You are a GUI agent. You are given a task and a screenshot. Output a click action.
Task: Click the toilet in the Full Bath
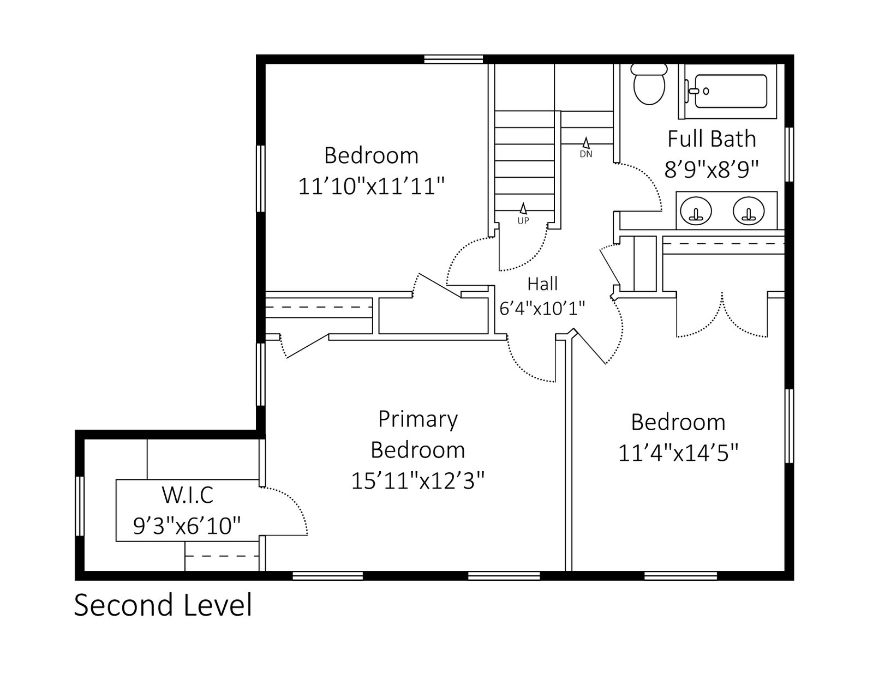tap(648, 85)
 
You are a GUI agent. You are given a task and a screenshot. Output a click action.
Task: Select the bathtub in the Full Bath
tap(731, 91)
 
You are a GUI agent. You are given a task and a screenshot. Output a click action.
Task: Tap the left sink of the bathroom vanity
tap(696, 210)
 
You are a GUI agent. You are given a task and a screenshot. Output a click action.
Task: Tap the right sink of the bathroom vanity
tap(749, 210)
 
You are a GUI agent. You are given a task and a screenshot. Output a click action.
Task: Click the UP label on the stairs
tap(523, 220)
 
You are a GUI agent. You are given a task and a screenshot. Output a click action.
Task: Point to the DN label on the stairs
tap(586, 154)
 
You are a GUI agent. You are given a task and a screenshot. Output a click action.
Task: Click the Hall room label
tap(542, 284)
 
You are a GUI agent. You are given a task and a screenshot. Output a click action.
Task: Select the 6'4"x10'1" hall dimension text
tap(542, 308)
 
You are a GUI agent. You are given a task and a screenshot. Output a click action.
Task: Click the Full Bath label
tap(711, 139)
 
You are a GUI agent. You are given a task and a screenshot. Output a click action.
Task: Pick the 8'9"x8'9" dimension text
tap(711, 170)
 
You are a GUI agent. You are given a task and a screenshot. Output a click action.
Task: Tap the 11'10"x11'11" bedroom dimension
tap(371, 186)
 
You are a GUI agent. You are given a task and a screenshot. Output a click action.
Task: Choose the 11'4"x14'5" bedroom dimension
tap(678, 453)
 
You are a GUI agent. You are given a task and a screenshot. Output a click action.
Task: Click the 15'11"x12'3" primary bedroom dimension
tap(418, 480)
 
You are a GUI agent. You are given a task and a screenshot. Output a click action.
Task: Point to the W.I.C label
tap(187, 495)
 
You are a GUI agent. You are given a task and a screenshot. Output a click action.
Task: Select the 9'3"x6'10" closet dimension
tap(187, 526)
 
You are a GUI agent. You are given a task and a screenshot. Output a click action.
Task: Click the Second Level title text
tap(163, 605)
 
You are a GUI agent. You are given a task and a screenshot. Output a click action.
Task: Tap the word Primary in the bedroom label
tap(418, 419)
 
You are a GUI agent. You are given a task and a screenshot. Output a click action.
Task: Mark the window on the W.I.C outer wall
tap(80, 506)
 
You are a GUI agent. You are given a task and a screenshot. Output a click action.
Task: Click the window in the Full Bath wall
tap(789, 154)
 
